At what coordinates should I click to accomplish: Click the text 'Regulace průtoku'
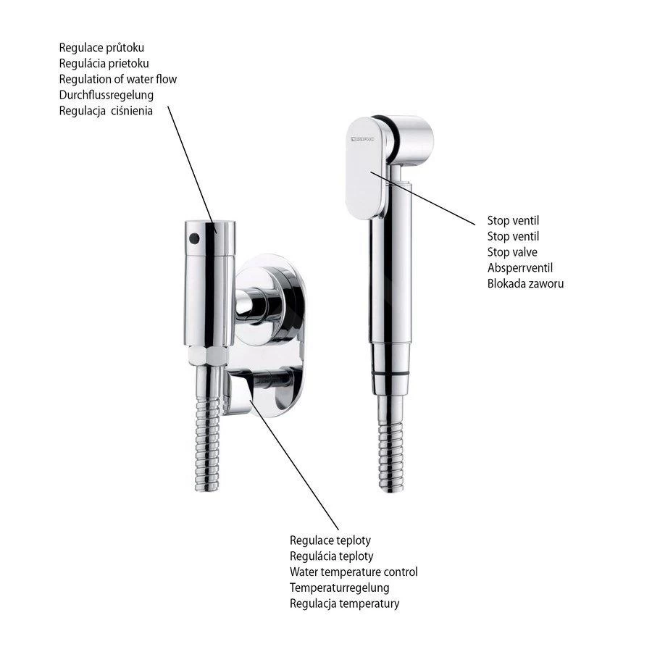click(x=106, y=48)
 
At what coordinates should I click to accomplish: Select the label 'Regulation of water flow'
click(x=118, y=79)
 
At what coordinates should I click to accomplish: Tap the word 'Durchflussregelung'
click(x=106, y=95)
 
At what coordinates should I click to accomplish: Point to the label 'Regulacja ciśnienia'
click(x=106, y=111)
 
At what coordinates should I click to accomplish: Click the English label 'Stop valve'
click(x=513, y=251)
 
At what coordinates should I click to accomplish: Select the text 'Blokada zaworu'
click(x=525, y=283)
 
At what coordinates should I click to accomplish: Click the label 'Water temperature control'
click(x=354, y=572)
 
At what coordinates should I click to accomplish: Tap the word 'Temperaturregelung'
click(x=339, y=588)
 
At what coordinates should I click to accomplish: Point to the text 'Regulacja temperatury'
click(x=344, y=603)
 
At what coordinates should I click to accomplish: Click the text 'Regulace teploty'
click(x=330, y=540)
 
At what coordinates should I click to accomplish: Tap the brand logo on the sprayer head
click(x=362, y=137)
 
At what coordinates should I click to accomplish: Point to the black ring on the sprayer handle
click(x=390, y=372)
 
